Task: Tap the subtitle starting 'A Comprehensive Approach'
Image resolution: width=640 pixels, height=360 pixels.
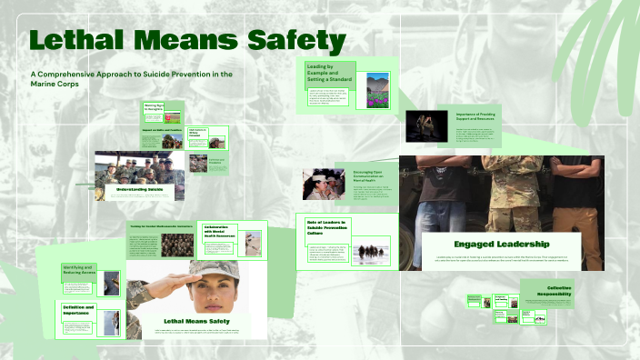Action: pyautogui.click(x=132, y=78)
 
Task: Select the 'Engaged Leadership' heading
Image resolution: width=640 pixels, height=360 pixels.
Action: pyautogui.click(x=502, y=245)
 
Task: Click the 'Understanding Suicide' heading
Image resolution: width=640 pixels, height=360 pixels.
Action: pyautogui.click(x=138, y=189)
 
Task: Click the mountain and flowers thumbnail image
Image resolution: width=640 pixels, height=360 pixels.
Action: pyautogui.click(x=377, y=91)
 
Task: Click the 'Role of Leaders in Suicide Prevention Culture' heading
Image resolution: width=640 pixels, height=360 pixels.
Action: pyautogui.click(x=330, y=227)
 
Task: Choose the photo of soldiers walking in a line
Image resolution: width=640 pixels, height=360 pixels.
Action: pyautogui.click(x=371, y=252)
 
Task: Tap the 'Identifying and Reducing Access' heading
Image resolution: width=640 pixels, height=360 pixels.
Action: pyautogui.click(x=79, y=270)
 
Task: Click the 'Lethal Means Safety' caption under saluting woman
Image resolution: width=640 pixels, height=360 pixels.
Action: pyautogui.click(x=195, y=321)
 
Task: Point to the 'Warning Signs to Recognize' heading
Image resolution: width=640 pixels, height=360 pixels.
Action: pyautogui.click(x=153, y=108)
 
